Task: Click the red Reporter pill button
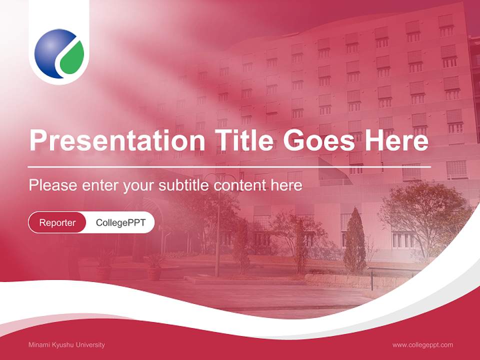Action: click(x=57, y=222)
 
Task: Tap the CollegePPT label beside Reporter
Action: click(x=120, y=222)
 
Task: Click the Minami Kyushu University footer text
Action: click(x=66, y=345)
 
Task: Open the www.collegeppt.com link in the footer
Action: click(x=422, y=345)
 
